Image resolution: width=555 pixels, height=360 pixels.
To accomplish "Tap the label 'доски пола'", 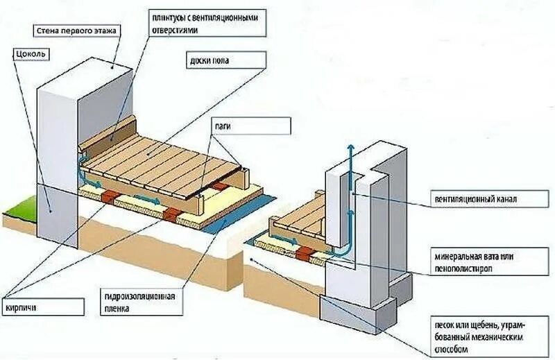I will click(x=210, y=61).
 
